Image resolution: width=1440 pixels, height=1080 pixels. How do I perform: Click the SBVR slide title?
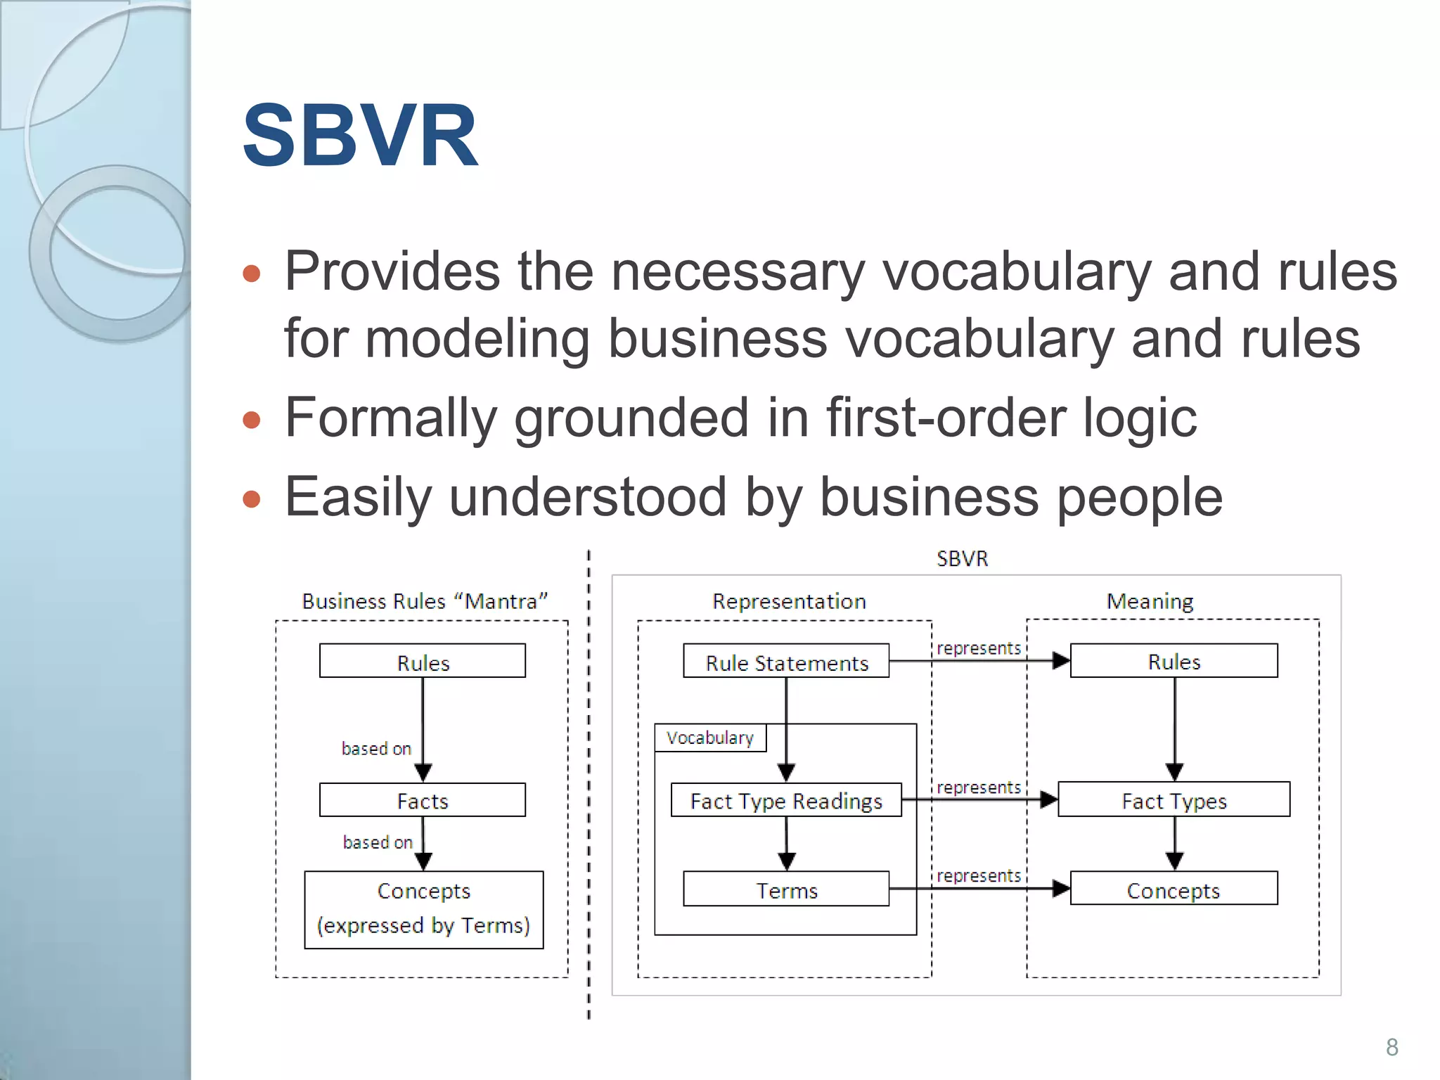pyautogui.click(x=359, y=136)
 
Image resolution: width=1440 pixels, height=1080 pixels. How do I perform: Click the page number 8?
pyautogui.click(x=1391, y=1047)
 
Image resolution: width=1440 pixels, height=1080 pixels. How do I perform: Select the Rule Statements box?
pyautogui.click(x=786, y=662)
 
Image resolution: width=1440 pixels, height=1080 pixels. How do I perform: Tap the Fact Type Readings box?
pyautogui.click(x=786, y=800)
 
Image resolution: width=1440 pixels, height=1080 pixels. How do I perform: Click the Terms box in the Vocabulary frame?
pyautogui.click(x=786, y=889)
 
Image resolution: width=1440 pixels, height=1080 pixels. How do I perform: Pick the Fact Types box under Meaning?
pyautogui.click(x=1174, y=800)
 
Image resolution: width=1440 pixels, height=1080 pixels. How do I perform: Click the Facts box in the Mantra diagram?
pyautogui.click(x=422, y=800)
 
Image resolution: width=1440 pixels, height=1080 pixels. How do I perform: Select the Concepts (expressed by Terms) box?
pyautogui.click(x=423, y=909)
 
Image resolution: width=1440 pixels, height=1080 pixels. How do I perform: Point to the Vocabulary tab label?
pyautogui.click(x=710, y=738)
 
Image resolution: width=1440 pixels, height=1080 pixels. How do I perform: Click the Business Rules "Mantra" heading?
pyautogui.click(x=424, y=601)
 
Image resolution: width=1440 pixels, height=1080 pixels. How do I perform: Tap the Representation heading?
pyautogui.click(x=789, y=601)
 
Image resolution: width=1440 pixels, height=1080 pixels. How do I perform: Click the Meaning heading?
pyautogui.click(x=1150, y=601)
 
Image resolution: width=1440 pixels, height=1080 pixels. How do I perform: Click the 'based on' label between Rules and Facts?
pyautogui.click(x=376, y=748)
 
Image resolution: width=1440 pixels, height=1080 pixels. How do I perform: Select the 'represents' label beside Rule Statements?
pyautogui.click(x=978, y=648)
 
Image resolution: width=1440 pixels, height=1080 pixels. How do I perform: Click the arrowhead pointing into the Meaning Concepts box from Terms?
pyautogui.click(x=1060, y=889)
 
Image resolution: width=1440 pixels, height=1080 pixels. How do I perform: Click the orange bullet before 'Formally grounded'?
pyautogui.click(x=251, y=420)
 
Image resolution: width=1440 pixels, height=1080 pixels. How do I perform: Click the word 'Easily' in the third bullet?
pyautogui.click(x=357, y=497)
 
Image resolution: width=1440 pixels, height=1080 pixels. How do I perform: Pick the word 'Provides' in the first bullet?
pyautogui.click(x=392, y=271)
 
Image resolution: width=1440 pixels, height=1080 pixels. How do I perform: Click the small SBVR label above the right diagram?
pyautogui.click(x=962, y=559)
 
